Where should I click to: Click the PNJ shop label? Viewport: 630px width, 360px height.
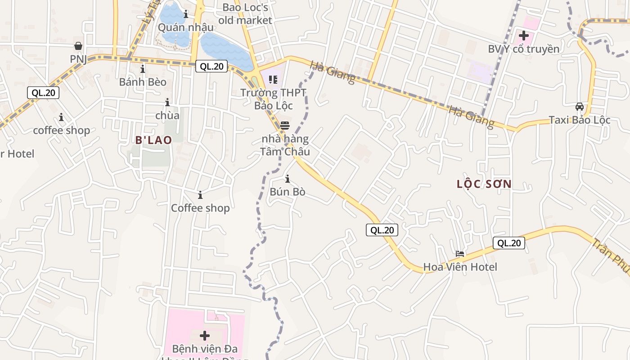[x=78, y=59]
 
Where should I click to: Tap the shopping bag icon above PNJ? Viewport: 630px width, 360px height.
[x=78, y=46]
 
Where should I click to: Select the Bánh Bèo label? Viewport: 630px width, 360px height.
[x=143, y=82]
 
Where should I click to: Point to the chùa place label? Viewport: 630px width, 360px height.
[x=167, y=116]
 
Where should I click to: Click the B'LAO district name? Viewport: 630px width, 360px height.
[x=153, y=140]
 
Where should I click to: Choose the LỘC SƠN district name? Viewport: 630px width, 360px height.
[x=484, y=184]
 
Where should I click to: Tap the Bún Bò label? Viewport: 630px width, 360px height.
[x=288, y=192]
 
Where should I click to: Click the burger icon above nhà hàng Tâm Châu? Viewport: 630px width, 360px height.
[x=284, y=125]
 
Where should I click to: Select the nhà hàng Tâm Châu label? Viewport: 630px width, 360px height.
[x=285, y=145]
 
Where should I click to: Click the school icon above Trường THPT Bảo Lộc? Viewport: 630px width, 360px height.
[x=273, y=80]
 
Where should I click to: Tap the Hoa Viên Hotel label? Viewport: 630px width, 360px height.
[x=460, y=267]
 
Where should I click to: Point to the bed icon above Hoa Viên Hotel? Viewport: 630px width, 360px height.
[x=460, y=254]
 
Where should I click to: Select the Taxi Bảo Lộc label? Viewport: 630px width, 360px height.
[x=579, y=120]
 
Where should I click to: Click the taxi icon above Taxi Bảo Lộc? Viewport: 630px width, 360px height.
[x=580, y=107]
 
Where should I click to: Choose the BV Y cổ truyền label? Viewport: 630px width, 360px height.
[x=523, y=49]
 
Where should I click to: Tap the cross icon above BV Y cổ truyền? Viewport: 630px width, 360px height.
[x=524, y=35]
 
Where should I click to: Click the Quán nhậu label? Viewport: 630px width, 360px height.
[x=185, y=27]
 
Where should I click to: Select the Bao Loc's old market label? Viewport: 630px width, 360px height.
[x=245, y=14]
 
